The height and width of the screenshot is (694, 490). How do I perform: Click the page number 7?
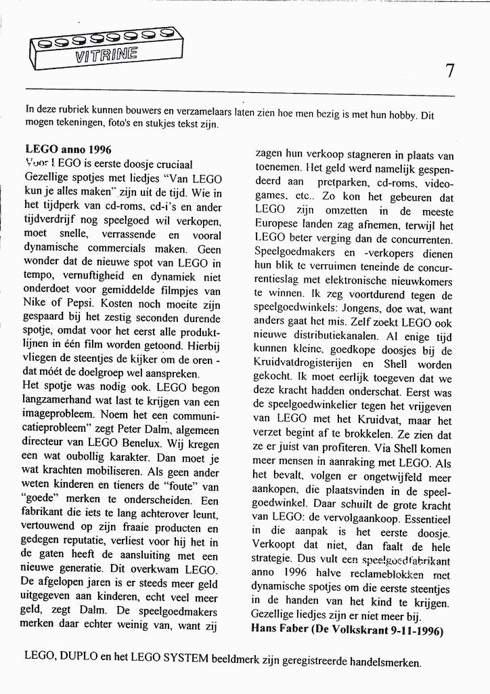pyautogui.click(x=450, y=70)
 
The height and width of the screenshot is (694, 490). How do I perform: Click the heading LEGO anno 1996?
pyautogui.click(x=68, y=149)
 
